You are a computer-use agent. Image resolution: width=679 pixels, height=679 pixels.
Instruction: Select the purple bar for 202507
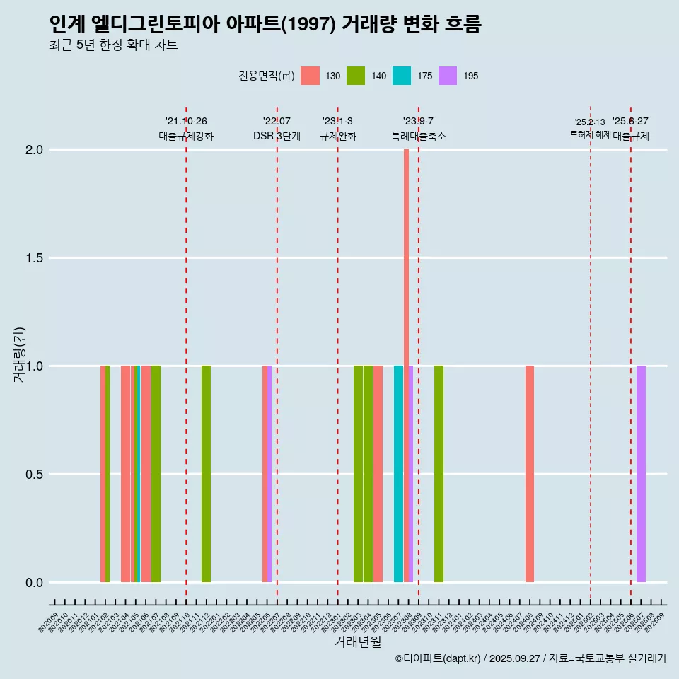coord(641,474)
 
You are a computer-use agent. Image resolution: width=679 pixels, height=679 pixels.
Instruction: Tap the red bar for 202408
coord(530,474)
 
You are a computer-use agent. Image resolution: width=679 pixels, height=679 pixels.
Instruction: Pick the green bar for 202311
coord(439,474)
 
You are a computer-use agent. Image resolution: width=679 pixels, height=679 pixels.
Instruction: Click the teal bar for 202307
coord(398,474)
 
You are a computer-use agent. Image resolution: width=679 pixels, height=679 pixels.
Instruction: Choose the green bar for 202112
coord(206,474)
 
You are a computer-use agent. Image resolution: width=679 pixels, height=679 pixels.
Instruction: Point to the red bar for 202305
coord(378,474)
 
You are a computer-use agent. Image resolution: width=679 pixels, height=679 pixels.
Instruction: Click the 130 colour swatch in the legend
coord(310,76)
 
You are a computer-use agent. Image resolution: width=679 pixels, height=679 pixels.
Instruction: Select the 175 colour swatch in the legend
coord(402,76)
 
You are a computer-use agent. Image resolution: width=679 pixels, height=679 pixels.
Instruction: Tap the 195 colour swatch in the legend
coord(448,76)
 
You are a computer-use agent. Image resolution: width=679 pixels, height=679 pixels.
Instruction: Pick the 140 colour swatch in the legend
coord(356,76)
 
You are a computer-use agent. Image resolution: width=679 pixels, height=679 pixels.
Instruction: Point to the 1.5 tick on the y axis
coord(34,258)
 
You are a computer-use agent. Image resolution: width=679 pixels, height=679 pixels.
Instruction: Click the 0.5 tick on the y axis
coord(34,475)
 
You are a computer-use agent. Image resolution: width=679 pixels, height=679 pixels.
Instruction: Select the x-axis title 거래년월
coord(357,642)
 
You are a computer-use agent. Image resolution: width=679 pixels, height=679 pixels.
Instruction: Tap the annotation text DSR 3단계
coord(277,136)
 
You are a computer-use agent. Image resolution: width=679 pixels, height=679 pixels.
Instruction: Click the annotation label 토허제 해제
coord(590,134)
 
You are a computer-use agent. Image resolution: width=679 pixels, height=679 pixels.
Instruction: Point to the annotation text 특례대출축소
coord(418,136)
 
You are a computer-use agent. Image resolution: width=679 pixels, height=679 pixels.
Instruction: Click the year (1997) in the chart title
coord(308,25)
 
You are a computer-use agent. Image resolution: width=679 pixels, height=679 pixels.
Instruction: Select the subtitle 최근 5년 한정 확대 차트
coord(113,45)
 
